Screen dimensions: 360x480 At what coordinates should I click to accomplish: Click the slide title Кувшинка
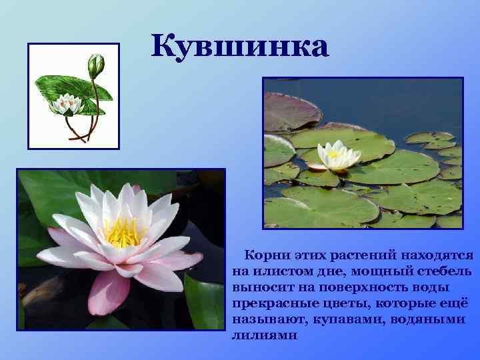tap(239, 46)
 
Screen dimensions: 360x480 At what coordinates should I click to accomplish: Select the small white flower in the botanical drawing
tap(67, 103)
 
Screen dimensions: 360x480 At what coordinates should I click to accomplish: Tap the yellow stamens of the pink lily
tap(122, 233)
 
